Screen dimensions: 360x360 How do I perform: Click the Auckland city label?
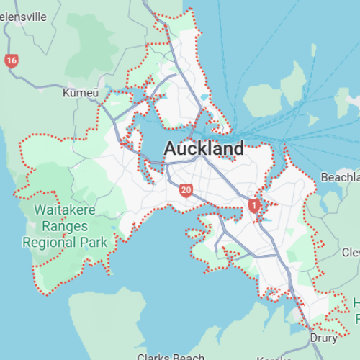pyautogui.click(x=204, y=149)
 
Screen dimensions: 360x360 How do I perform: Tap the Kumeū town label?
pyautogui.click(x=79, y=93)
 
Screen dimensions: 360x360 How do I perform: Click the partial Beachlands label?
pyautogui.click(x=340, y=177)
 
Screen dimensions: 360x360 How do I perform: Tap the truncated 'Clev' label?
pyautogui.click(x=351, y=252)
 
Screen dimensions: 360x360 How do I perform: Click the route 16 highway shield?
pyautogui.click(x=11, y=61)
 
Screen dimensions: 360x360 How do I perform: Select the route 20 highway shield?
pyautogui.click(x=186, y=191)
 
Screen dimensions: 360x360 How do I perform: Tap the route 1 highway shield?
pyautogui.click(x=253, y=206)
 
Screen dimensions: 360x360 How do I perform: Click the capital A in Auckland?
pyautogui.click(x=171, y=149)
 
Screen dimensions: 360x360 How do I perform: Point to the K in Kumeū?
pyautogui.click(x=66, y=93)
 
